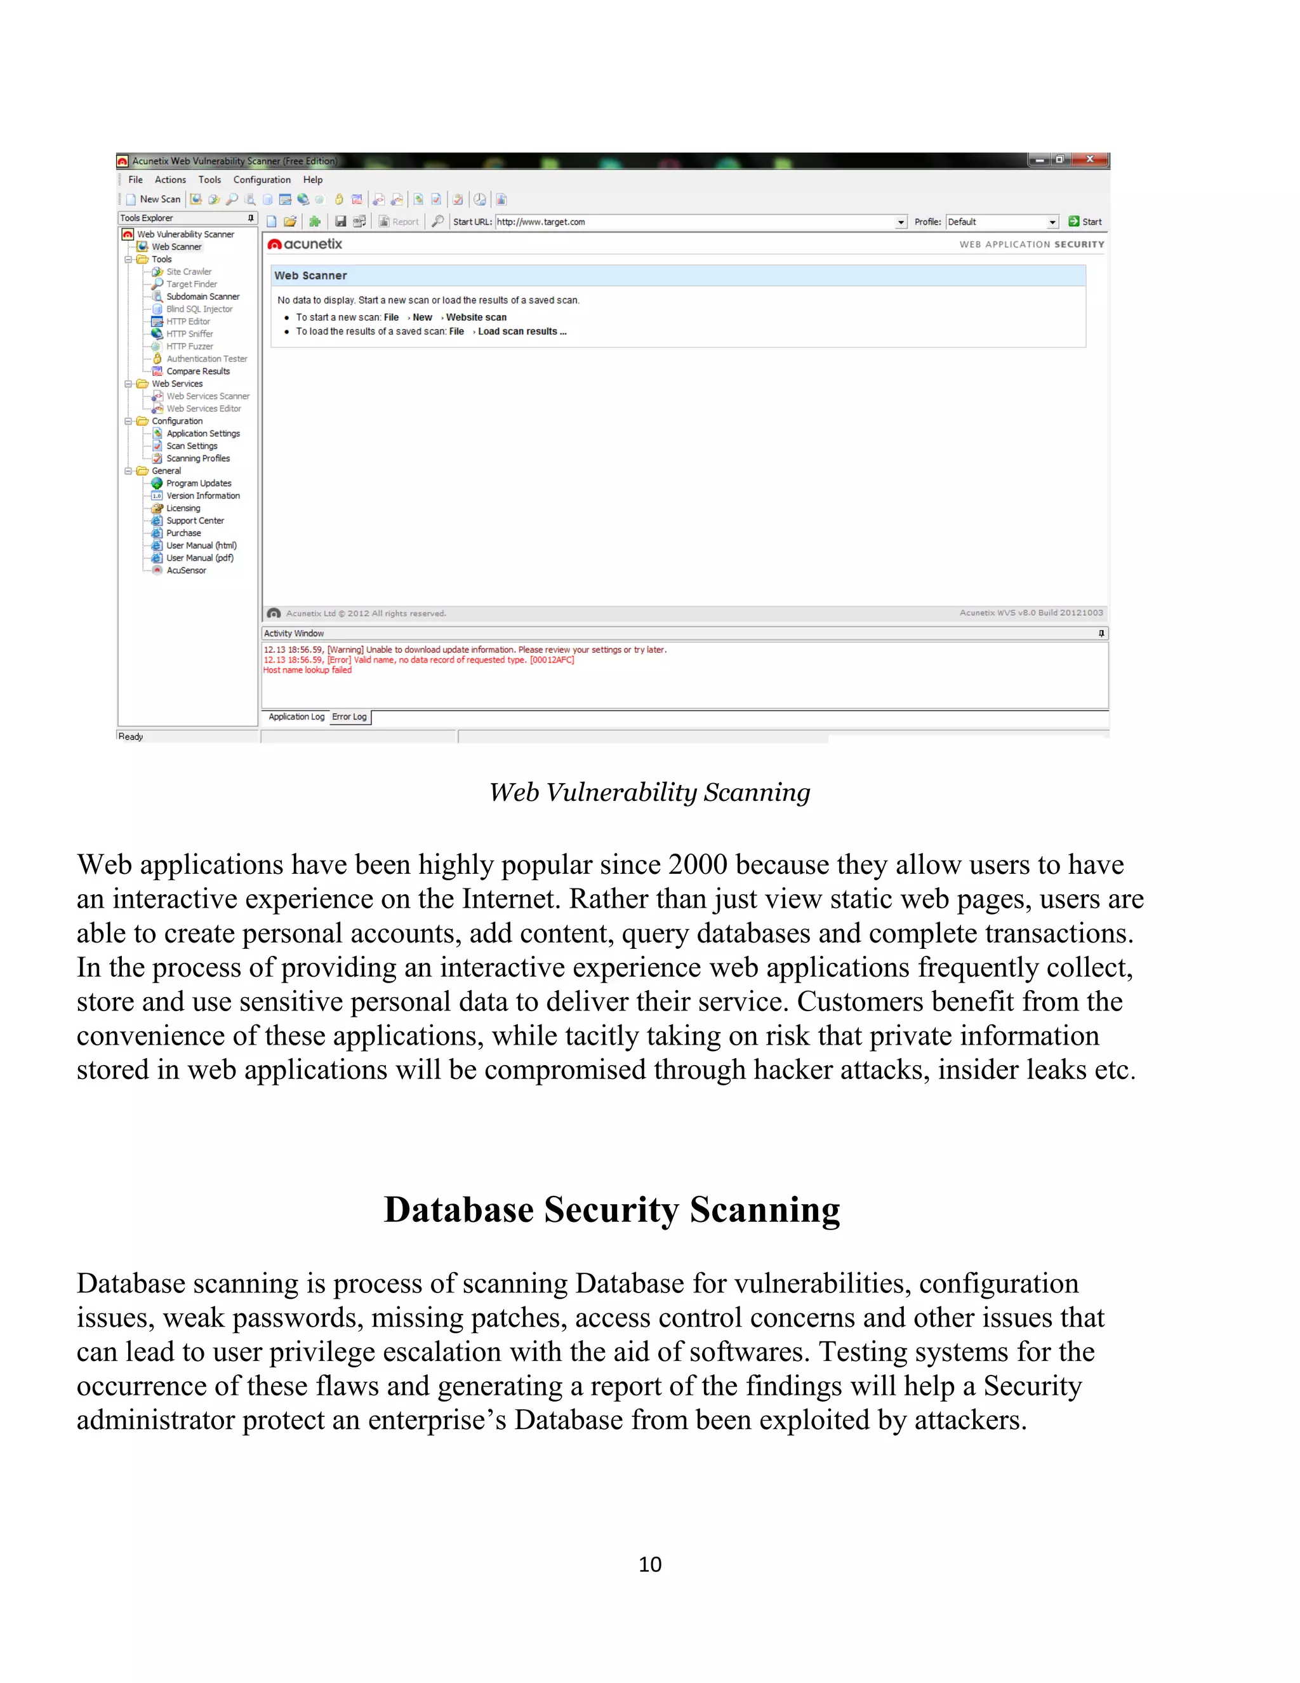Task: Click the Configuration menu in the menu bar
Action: (x=262, y=180)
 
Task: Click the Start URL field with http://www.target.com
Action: (x=693, y=222)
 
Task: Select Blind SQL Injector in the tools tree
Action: (x=199, y=309)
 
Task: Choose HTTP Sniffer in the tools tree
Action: (x=189, y=333)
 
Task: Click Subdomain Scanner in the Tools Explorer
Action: (x=202, y=297)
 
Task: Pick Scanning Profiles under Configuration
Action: (x=198, y=459)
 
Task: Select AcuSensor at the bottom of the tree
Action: (x=185, y=570)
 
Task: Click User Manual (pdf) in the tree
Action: (x=199, y=558)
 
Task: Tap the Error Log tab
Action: (x=349, y=716)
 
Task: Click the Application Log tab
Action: (x=296, y=716)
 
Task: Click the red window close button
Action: (x=1090, y=159)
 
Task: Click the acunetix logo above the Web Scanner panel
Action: (x=305, y=245)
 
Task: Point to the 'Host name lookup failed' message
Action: (x=307, y=671)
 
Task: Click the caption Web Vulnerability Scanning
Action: (x=649, y=792)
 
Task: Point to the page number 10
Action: (x=649, y=1564)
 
